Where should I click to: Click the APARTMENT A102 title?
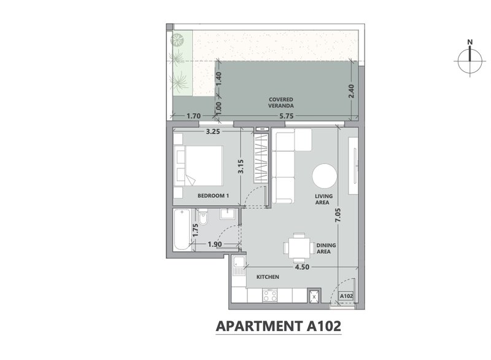click(279, 326)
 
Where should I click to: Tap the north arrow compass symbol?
click(470, 60)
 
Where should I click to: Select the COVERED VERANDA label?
click(281, 103)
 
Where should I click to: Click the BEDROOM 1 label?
click(213, 195)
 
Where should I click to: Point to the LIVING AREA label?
click(323, 199)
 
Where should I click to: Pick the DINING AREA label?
click(326, 248)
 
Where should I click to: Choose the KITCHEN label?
click(268, 277)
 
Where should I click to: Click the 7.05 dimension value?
click(338, 216)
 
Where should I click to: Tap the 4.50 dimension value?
click(302, 267)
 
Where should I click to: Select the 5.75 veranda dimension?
click(287, 116)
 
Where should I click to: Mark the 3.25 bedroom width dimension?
click(213, 131)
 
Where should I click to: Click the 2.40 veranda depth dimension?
click(351, 91)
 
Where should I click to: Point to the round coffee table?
click(325, 176)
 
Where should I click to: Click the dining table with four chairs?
click(299, 248)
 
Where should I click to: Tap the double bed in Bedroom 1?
click(199, 165)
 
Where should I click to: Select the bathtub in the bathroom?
click(182, 229)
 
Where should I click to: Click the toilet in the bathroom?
click(203, 217)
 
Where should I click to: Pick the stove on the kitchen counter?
click(270, 295)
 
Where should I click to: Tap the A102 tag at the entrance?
click(346, 296)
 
